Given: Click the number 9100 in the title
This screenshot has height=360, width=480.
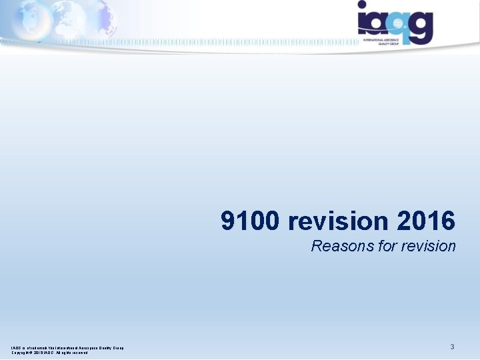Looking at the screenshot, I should (x=251, y=221).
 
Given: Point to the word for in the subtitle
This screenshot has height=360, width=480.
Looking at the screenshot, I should (x=387, y=246).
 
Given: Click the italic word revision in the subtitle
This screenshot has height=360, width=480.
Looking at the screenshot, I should (x=428, y=246).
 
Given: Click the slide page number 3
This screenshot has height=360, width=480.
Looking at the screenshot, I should (x=452, y=347).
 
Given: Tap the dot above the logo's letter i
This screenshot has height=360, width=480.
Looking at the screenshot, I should (x=361, y=5).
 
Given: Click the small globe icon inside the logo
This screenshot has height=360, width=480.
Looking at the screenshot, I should (x=398, y=23).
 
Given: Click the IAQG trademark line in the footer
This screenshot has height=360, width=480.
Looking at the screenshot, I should (x=67, y=347).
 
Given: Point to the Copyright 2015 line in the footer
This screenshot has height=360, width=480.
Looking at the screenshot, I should (x=49, y=353).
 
